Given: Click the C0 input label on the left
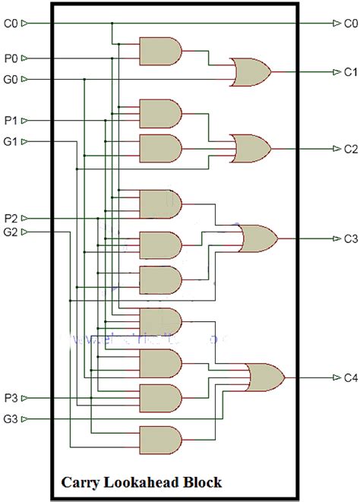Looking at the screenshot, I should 9,24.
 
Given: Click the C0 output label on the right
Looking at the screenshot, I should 349,24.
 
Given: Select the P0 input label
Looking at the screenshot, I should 9,58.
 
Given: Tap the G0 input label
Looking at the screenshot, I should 9,79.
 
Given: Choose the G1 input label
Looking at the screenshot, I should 9,141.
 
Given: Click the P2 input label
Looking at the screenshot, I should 9,219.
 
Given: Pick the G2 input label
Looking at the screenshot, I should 9,232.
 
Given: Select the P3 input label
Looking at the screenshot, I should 9,397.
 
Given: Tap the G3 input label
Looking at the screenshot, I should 9,418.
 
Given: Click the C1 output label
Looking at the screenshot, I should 349,72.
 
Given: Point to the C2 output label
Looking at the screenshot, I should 349,148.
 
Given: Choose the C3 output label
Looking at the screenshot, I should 349,238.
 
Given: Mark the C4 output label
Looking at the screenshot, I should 349,377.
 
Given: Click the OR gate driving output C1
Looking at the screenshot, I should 251,72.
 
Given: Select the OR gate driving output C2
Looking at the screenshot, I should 251,148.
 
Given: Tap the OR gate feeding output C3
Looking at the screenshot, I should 257,238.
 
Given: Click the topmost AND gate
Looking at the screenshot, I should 160,52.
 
